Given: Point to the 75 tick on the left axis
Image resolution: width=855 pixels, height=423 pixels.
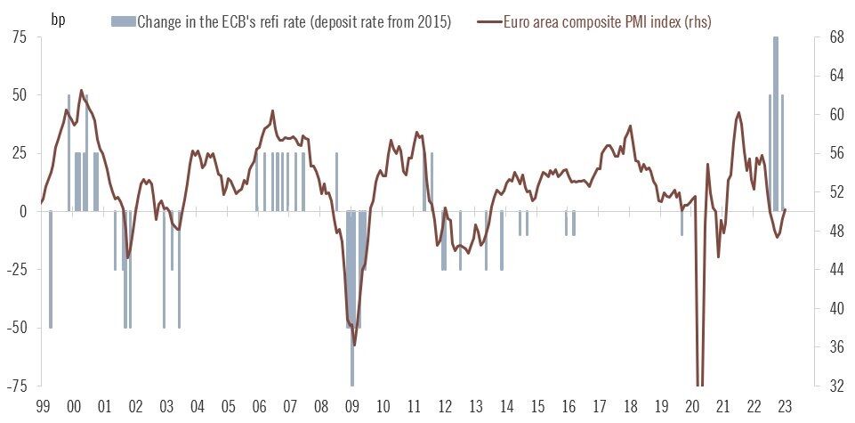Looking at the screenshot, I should pos(19,37).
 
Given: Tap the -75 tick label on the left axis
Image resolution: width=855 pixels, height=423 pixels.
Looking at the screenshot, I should pos(16,386).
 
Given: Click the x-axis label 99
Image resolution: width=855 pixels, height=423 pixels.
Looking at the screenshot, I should pos(43,406).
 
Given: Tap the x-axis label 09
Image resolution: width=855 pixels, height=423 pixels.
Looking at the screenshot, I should pos(352,406).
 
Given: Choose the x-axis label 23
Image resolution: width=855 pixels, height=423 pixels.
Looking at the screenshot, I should pos(786,406).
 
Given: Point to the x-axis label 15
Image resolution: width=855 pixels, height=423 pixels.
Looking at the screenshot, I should pos(537,406).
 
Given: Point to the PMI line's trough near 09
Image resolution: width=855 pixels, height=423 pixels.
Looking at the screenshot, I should pos(354,344).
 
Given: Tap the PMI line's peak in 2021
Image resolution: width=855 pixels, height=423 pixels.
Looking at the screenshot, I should pos(738,113).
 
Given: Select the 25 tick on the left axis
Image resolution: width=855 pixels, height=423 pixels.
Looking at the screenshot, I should pos(19,153).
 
